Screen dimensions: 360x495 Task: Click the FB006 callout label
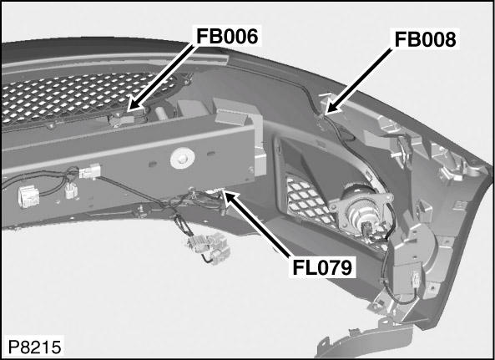click(227, 36)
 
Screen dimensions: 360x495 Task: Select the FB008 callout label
click(424, 40)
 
